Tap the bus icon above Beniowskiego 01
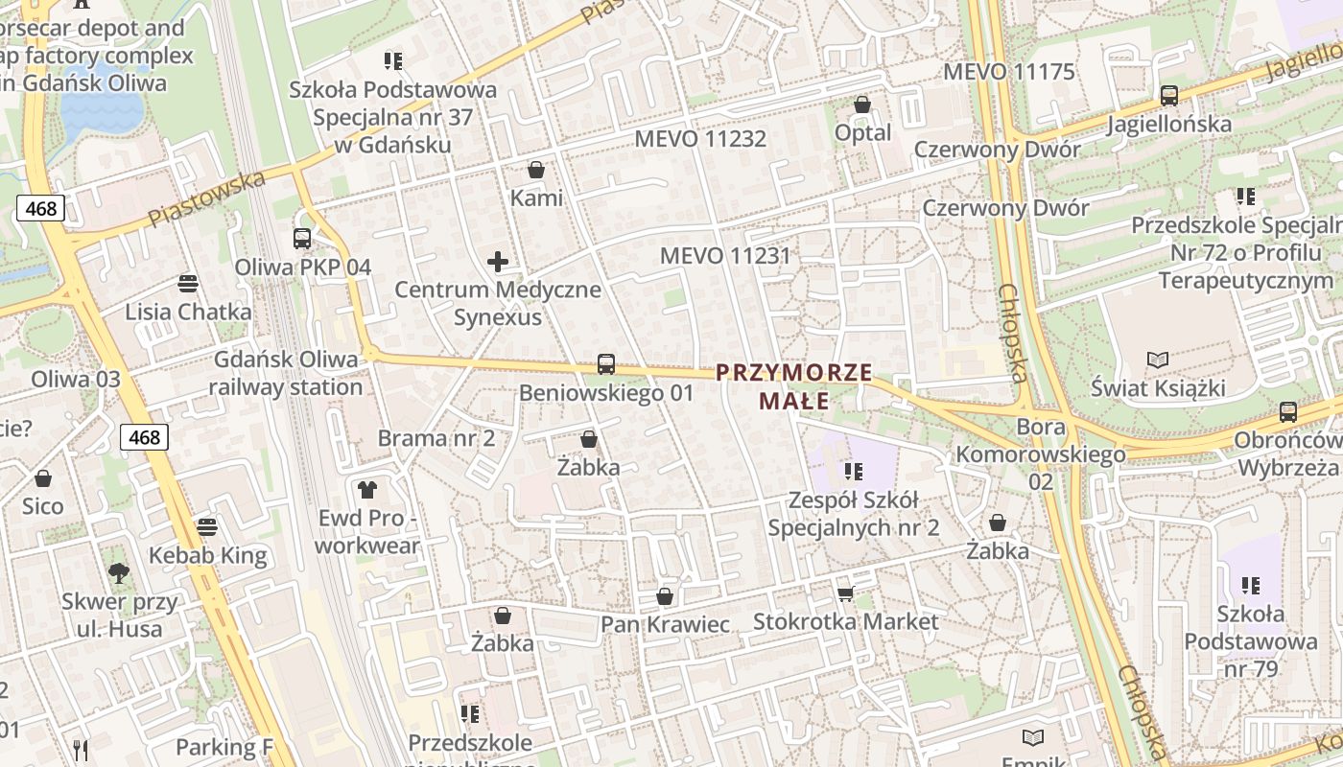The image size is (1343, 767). [x=605, y=364]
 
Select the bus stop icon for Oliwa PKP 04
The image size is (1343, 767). [x=302, y=239]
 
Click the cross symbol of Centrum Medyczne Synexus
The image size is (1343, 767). [x=498, y=261]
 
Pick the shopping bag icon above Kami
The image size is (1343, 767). [x=536, y=170]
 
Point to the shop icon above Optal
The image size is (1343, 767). [x=862, y=105]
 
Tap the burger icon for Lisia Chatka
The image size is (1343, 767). [x=188, y=283]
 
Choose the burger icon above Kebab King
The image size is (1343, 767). [x=207, y=526]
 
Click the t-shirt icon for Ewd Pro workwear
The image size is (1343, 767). [x=366, y=490]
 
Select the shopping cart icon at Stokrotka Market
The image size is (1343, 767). [x=845, y=594]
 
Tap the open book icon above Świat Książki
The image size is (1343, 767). [x=1158, y=360]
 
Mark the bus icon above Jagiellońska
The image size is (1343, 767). [x=1168, y=96]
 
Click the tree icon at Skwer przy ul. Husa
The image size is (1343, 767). [x=119, y=573]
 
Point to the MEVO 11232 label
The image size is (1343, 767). [x=700, y=139]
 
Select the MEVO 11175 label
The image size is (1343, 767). [x=1009, y=72]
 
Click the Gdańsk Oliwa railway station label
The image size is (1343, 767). [x=285, y=373]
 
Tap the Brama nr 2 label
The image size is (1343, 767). [x=436, y=438]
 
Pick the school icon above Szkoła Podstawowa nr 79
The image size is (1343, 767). [x=1250, y=585]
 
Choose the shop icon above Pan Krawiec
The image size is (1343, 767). [x=665, y=597]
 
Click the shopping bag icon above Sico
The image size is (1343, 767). [x=43, y=478]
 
